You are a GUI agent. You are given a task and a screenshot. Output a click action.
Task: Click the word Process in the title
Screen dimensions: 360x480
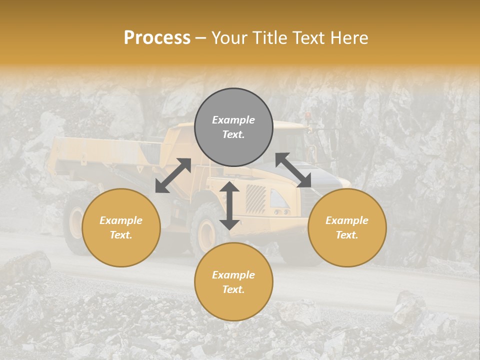tap(157, 38)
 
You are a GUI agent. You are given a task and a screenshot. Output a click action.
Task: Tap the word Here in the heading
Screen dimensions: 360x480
tap(348, 38)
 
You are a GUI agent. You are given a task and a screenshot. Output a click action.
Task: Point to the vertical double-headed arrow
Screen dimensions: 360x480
tap(229, 205)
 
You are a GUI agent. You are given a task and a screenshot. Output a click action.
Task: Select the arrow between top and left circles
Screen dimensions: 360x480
tap(173, 175)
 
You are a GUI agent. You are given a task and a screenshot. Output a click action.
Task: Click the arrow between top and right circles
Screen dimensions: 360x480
tap(293, 170)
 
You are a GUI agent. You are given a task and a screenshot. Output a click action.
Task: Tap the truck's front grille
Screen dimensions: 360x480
tap(255, 199)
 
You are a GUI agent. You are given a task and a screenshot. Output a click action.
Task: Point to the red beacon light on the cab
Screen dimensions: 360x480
tap(308, 115)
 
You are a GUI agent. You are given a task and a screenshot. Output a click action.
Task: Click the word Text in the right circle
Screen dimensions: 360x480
tap(347, 235)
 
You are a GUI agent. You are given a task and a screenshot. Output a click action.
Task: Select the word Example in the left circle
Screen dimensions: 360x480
tap(121, 220)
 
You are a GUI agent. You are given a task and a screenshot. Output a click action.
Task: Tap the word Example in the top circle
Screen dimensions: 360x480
tap(233, 120)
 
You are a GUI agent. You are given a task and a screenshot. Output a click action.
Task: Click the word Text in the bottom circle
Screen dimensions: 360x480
tap(233, 289)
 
